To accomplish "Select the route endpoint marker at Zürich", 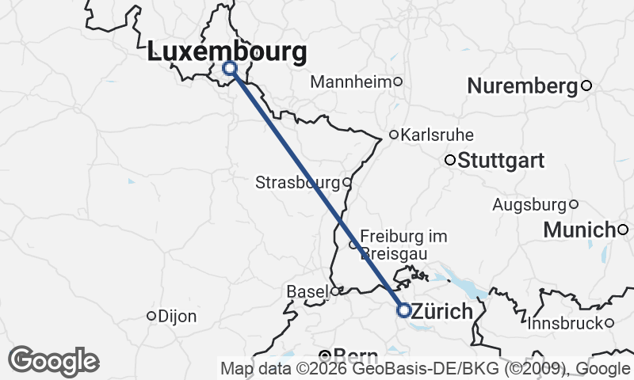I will coord(403,310).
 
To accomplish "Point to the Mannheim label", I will coord(352,82).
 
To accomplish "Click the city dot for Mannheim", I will coord(399,81).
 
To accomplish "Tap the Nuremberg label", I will coord(523,86).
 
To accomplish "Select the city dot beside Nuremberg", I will coord(586,85).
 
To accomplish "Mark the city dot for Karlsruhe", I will coord(393,135).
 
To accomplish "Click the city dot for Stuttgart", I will coord(449,160).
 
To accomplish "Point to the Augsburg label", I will coord(529,205).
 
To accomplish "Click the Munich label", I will coord(579,230).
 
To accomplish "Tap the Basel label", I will coord(307,292).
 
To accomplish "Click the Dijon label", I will coord(178,316).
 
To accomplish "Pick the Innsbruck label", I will coord(564,324).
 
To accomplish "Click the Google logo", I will coord(53,361).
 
